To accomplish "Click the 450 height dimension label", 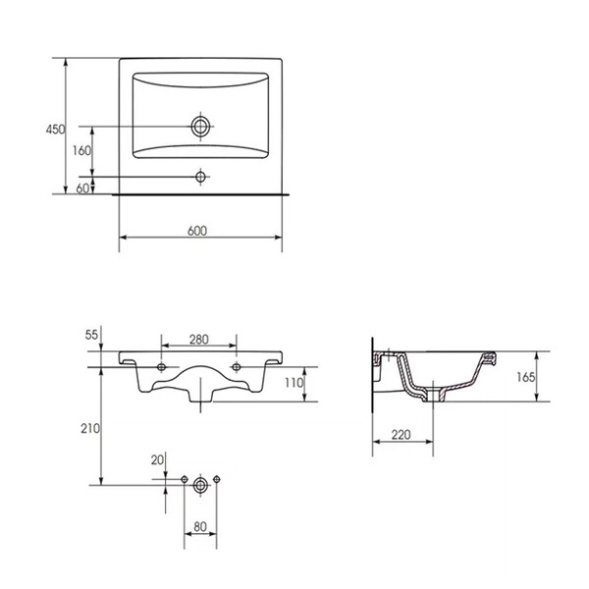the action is tap(55, 130).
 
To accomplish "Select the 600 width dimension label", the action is tap(197, 231).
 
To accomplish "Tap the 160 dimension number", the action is tap(81, 150).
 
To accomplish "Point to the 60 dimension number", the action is tap(82, 188).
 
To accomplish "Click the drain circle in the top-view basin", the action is tap(200, 127).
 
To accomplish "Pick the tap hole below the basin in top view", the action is tap(200, 177).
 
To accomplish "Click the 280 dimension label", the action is tap(198, 340).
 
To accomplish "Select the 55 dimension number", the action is tap(91, 335).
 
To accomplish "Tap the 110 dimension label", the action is tap(294, 383).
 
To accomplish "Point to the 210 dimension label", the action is tap(90, 428).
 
